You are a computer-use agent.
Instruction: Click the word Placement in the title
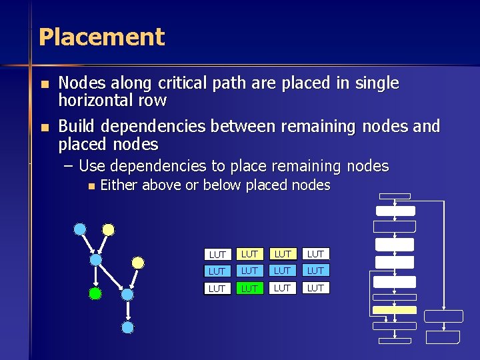click(x=101, y=37)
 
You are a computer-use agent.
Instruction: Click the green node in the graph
click(x=95, y=293)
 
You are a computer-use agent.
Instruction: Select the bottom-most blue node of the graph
click(x=127, y=327)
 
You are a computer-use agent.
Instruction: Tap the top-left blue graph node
click(x=80, y=229)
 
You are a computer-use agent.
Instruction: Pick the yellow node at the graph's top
click(x=108, y=230)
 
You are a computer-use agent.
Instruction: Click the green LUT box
click(x=249, y=288)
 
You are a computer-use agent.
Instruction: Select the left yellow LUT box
click(x=249, y=254)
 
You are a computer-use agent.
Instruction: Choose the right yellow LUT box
click(x=283, y=254)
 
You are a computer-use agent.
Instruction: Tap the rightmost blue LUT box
click(x=315, y=271)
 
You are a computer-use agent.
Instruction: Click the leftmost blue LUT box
click(x=217, y=271)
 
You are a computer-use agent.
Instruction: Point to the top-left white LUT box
click(x=217, y=255)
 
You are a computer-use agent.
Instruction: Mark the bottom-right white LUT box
click(x=315, y=288)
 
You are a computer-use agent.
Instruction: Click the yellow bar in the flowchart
click(x=394, y=310)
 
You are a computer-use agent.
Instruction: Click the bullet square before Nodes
click(x=44, y=85)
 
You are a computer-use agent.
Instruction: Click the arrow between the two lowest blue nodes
click(x=127, y=311)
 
